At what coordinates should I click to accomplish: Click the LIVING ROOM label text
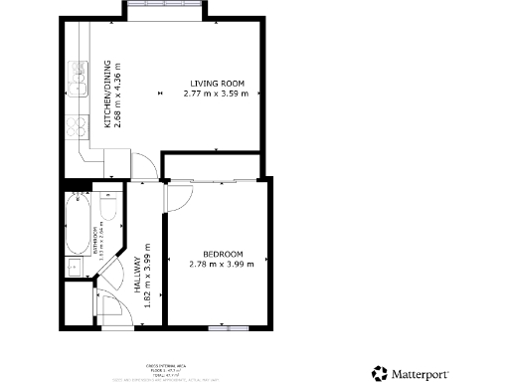(x=218, y=83)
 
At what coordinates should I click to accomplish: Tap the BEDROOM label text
(x=223, y=254)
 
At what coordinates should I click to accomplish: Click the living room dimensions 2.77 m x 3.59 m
(x=219, y=94)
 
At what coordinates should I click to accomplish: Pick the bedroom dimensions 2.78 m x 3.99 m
(x=223, y=264)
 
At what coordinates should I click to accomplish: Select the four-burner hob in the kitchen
(x=75, y=128)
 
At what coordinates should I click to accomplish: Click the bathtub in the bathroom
(x=77, y=224)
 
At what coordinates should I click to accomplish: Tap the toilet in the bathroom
(x=108, y=206)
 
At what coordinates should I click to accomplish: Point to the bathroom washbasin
(x=75, y=266)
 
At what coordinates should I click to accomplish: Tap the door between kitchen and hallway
(x=142, y=164)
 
